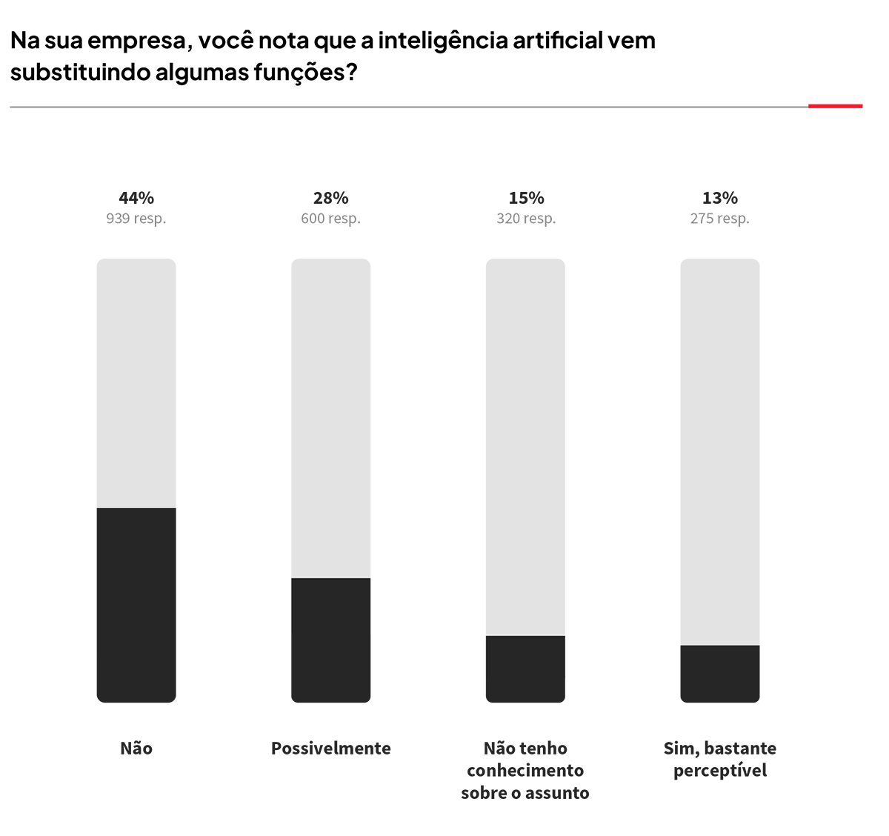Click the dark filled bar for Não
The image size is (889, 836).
click(x=136, y=605)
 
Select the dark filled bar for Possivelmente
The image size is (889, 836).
click(x=330, y=640)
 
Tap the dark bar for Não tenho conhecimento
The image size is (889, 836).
click(x=525, y=669)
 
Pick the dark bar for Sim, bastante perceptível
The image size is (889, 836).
click(x=719, y=673)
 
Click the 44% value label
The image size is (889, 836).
click(x=136, y=198)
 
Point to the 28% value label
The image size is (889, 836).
click(x=330, y=198)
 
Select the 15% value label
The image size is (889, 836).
click(x=526, y=198)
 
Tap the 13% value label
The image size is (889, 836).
click(x=720, y=198)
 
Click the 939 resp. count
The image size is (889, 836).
click(x=136, y=219)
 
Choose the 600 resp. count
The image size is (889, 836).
click(x=330, y=219)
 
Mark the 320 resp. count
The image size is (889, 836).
click(x=526, y=219)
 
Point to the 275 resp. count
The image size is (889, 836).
click(x=720, y=219)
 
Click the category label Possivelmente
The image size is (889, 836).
click(x=330, y=749)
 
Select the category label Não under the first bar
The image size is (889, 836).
click(x=136, y=749)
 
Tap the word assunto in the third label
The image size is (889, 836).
click(x=557, y=793)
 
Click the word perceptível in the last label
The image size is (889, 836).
click(x=720, y=771)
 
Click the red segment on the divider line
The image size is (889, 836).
click(x=835, y=107)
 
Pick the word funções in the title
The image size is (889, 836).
click(x=302, y=73)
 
